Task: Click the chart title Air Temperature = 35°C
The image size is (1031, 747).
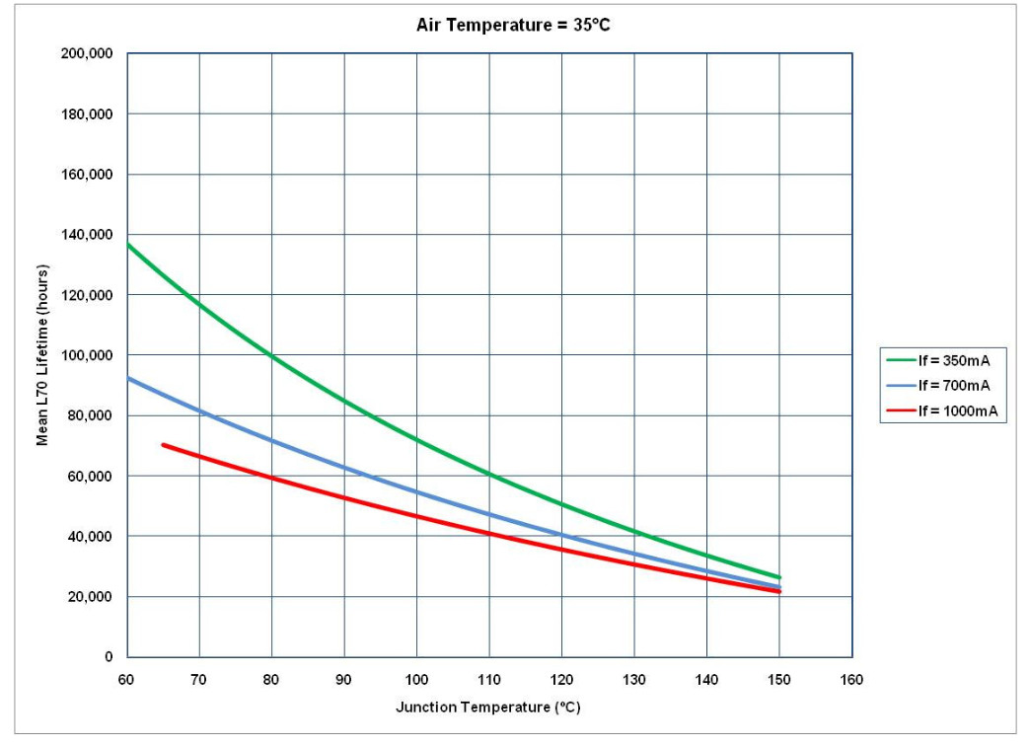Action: (513, 25)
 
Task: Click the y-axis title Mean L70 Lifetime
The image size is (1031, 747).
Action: (42, 354)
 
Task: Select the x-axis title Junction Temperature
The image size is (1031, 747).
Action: (488, 708)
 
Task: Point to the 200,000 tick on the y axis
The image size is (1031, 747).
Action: (88, 53)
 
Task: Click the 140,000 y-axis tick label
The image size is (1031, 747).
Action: (88, 235)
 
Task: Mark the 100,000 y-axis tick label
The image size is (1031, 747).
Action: (88, 355)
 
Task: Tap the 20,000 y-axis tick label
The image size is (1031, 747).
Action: (91, 597)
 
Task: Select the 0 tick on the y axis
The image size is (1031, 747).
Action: (109, 657)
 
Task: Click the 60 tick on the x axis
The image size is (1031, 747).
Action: (126, 679)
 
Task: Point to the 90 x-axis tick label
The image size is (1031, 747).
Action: (343, 679)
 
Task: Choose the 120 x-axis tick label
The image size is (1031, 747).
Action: (561, 679)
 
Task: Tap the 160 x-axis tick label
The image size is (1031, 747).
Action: (851, 679)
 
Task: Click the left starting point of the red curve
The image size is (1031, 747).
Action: (164, 445)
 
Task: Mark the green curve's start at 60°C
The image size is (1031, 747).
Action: (128, 244)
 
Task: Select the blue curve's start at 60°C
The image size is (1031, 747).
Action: (128, 378)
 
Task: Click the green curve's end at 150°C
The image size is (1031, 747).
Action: (779, 577)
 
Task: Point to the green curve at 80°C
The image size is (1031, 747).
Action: (271, 355)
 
